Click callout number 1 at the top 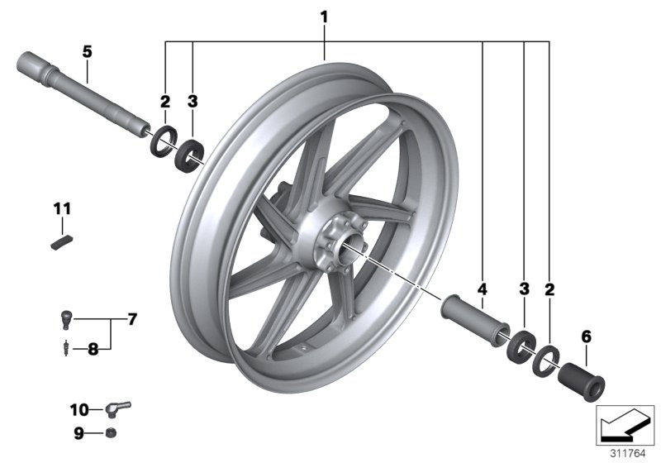[325, 16]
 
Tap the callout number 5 [87, 51]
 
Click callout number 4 [483, 289]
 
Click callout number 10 [78, 408]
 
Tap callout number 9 [80, 432]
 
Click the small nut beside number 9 [112, 433]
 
